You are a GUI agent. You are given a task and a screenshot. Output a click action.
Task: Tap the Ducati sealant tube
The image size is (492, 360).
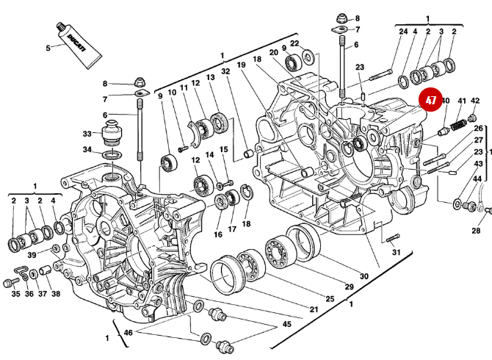[x=75, y=43]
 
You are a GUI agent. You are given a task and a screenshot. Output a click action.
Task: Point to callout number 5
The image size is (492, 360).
[x=48, y=48]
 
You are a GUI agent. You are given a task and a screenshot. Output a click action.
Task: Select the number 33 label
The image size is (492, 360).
[x=87, y=134]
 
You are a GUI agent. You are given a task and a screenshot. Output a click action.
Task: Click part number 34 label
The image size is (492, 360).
[x=87, y=150]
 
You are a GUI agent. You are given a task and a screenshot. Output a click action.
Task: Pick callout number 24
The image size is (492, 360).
[x=403, y=32]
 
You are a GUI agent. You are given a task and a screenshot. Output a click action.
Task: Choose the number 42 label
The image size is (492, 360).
[x=474, y=101]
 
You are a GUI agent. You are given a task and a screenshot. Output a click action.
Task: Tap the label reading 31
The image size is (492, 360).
[x=396, y=252]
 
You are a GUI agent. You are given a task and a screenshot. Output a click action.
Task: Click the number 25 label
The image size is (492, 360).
[x=330, y=298]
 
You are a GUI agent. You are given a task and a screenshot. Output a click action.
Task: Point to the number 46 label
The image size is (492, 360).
[x=129, y=334]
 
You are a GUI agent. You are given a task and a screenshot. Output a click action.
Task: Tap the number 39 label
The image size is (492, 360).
[x=32, y=255]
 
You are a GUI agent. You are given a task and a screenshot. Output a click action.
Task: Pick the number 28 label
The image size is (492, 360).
[x=476, y=231]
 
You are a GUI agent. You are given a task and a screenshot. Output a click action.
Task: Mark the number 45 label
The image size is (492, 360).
[x=286, y=324]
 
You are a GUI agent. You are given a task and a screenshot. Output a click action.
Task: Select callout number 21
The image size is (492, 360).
[x=314, y=309]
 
